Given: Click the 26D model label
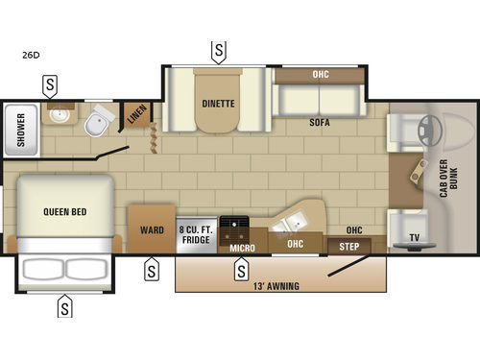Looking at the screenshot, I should (x=31, y=55).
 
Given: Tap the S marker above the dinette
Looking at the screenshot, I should (x=220, y=50).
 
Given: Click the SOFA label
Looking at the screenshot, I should (x=320, y=123).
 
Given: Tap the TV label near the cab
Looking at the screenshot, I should (x=414, y=235).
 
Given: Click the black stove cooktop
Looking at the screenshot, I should (x=233, y=230).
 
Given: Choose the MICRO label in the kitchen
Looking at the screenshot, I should (x=243, y=248).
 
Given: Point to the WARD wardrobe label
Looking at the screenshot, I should (x=151, y=230).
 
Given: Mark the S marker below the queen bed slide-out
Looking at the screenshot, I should (x=64, y=307).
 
